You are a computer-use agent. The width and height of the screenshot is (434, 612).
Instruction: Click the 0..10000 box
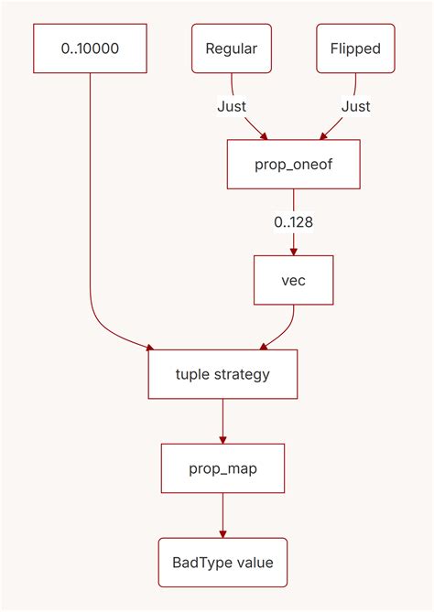pos(90,48)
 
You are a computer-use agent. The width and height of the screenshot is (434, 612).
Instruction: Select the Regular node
pos(231,48)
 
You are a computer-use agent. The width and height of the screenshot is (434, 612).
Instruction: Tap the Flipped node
pos(355,48)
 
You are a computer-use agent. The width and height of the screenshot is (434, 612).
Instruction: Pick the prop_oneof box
pos(293,166)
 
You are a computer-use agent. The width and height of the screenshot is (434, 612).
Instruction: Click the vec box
pos(293,280)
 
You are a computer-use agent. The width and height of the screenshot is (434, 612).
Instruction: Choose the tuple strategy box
pos(222,374)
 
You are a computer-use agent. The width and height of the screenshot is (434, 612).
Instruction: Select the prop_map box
pos(222,468)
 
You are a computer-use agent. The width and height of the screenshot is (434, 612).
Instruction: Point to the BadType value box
pos(222,563)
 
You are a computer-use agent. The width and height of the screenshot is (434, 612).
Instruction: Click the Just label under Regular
pos(232,106)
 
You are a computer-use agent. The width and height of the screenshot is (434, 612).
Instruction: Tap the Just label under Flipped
pos(355,106)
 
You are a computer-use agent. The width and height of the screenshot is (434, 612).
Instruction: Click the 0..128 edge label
pos(293,222)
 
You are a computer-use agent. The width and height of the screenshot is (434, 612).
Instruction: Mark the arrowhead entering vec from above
pos(293,251)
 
